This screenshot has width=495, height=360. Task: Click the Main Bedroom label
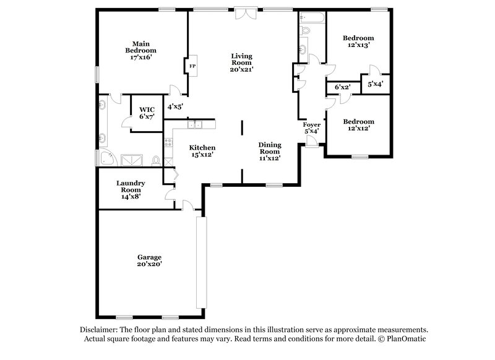140,50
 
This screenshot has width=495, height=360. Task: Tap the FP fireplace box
192,66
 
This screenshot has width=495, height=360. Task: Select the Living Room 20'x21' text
242,62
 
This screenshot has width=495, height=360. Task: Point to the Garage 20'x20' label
150,260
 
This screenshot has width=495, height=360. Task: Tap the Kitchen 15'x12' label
202,151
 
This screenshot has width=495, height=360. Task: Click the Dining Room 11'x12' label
270,151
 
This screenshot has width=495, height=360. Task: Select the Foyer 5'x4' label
311,128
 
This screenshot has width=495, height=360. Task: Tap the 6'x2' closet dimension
342,87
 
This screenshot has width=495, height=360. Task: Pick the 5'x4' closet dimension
375,84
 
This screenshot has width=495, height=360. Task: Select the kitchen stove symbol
168,144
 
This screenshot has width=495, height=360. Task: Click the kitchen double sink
195,125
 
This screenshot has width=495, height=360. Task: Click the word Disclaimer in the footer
100,330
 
